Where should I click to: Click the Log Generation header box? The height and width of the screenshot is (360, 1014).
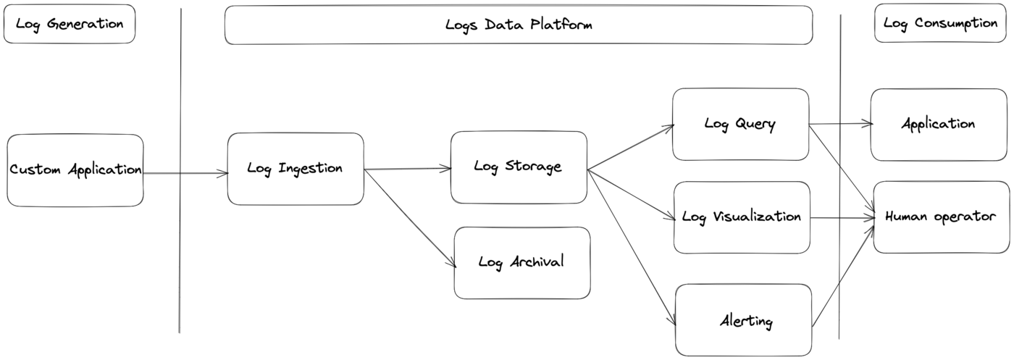click(x=70, y=24)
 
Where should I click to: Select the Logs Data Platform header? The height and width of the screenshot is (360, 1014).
click(x=518, y=25)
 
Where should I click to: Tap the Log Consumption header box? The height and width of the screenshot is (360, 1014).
click(x=940, y=23)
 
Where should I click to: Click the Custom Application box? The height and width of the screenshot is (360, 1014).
click(x=75, y=170)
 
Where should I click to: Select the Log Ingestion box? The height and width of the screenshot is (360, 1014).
click(x=295, y=169)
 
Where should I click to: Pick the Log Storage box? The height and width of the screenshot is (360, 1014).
click(x=518, y=167)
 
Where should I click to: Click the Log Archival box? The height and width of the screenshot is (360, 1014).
click(x=521, y=262)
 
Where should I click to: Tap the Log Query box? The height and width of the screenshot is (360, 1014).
click(x=739, y=124)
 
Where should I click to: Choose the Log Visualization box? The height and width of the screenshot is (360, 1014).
click(x=742, y=217)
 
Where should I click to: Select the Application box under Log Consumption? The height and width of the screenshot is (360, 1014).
click(x=939, y=124)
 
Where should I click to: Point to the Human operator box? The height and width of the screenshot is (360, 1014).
click(x=940, y=217)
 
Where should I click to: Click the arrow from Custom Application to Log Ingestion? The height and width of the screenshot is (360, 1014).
click(x=185, y=174)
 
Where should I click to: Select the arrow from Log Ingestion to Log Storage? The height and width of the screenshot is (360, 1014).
click(x=407, y=169)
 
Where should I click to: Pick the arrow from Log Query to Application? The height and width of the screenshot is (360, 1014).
click(x=840, y=124)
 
